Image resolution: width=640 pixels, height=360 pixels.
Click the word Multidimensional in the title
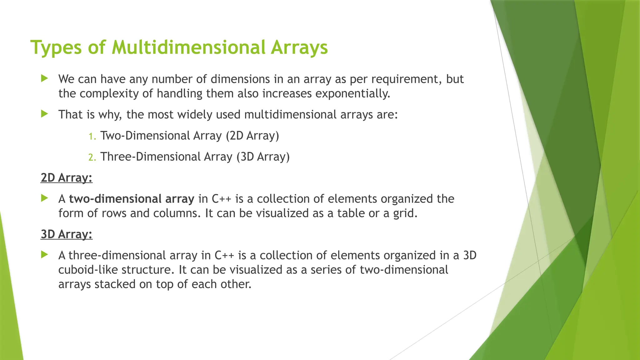pos(188,47)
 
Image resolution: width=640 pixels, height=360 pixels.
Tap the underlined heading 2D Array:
pos(67,178)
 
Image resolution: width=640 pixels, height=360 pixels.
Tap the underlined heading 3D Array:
pos(67,234)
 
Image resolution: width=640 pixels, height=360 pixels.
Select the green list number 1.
pos(92,136)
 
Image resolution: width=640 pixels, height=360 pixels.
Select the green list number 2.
pos(92,157)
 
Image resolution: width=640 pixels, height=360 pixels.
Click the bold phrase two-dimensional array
pos(132,199)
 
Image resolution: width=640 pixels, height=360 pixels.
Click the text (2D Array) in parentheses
pos(252,136)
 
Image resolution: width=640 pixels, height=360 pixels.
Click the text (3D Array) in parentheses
pos(263,157)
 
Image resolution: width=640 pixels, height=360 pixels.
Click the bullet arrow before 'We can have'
pos(44,78)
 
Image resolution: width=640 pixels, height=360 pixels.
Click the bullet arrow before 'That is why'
pos(44,114)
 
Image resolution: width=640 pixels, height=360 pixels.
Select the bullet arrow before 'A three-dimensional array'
pos(44,255)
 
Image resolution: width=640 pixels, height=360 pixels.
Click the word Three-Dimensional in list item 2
pos(150,157)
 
